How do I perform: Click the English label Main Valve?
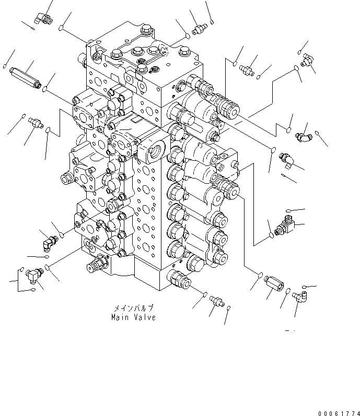tap(133, 317)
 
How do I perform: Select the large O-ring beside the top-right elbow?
tap(296, 68)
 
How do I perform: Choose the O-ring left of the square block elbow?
tap(271, 236)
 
